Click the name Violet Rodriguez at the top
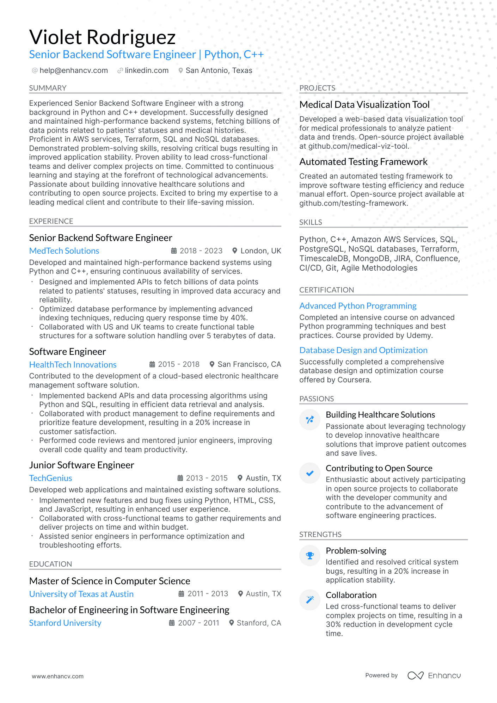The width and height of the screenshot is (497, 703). pyautogui.click(x=102, y=37)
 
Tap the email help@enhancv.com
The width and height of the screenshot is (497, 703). pyautogui.click(x=74, y=70)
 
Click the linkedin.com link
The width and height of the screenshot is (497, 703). pyautogui.click(x=147, y=70)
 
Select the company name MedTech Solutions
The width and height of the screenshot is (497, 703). pyautogui.click(x=64, y=251)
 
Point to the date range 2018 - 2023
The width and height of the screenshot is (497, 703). pyautogui.click(x=201, y=251)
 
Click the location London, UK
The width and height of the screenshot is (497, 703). pyautogui.click(x=260, y=251)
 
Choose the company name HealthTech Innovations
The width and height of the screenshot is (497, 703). pyautogui.click(x=73, y=365)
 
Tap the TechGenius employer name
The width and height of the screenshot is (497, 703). pyautogui.click(x=50, y=478)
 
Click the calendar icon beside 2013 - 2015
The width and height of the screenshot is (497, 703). pyautogui.click(x=180, y=478)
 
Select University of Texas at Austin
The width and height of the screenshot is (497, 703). pyautogui.click(x=81, y=594)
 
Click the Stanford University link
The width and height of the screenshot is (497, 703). pyautogui.click(x=65, y=623)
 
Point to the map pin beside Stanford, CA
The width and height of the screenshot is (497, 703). pyautogui.click(x=232, y=623)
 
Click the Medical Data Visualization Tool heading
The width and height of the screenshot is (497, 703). pyautogui.click(x=364, y=105)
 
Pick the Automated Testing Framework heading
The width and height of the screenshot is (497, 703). pyautogui.click(x=363, y=162)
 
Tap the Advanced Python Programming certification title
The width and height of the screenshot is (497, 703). pyautogui.click(x=358, y=306)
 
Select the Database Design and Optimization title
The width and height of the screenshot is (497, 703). pyautogui.click(x=363, y=350)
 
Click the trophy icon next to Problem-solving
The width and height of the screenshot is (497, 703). pyautogui.click(x=310, y=556)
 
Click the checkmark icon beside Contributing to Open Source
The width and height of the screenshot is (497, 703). pyautogui.click(x=310, y=473)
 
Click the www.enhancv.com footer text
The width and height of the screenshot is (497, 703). pyautogui.click(x=58, y=677)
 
